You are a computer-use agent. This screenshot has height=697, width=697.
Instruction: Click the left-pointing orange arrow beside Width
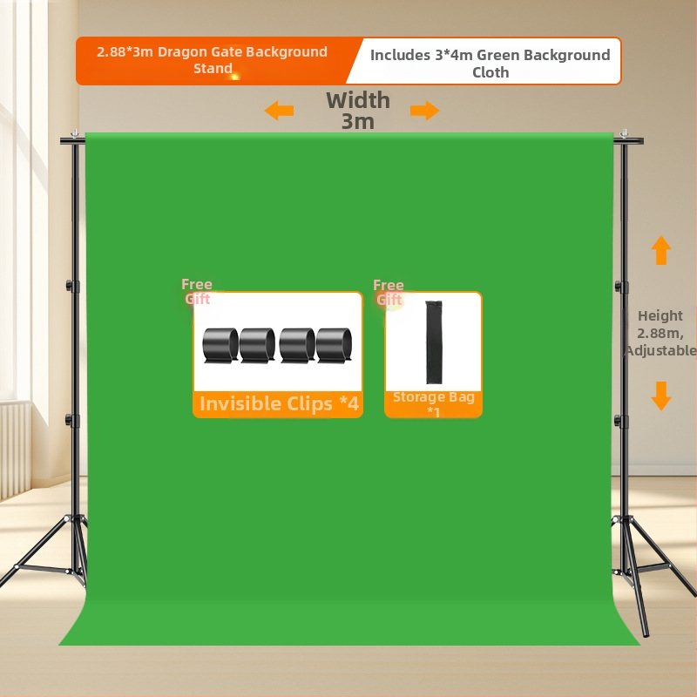point(279,111)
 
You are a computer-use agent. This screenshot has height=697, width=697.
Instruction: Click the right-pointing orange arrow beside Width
point(424,111)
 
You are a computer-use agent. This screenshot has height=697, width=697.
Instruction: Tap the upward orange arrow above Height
point(661,250)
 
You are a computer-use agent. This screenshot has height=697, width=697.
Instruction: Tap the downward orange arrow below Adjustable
point(661,396)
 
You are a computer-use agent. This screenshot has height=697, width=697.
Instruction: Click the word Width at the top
point(358,100)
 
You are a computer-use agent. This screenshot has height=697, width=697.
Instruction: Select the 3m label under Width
point(358,122)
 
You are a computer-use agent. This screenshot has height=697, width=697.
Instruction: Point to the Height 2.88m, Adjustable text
point(660,333)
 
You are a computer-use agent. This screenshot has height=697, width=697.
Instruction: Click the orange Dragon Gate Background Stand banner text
point(213,60)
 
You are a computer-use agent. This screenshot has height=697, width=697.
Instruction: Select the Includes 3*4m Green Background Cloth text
point(490,63)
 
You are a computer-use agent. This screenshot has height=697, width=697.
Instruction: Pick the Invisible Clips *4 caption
point(278,404)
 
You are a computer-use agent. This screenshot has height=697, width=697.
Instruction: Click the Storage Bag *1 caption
point(433,403)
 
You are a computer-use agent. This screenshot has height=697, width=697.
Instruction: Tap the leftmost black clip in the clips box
point(220,345)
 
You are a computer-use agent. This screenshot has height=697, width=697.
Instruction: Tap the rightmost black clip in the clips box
point(335,345)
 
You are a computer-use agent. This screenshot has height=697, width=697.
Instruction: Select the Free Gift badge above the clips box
point(197,292)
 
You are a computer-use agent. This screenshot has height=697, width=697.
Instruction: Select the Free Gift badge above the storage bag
point(389,292)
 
